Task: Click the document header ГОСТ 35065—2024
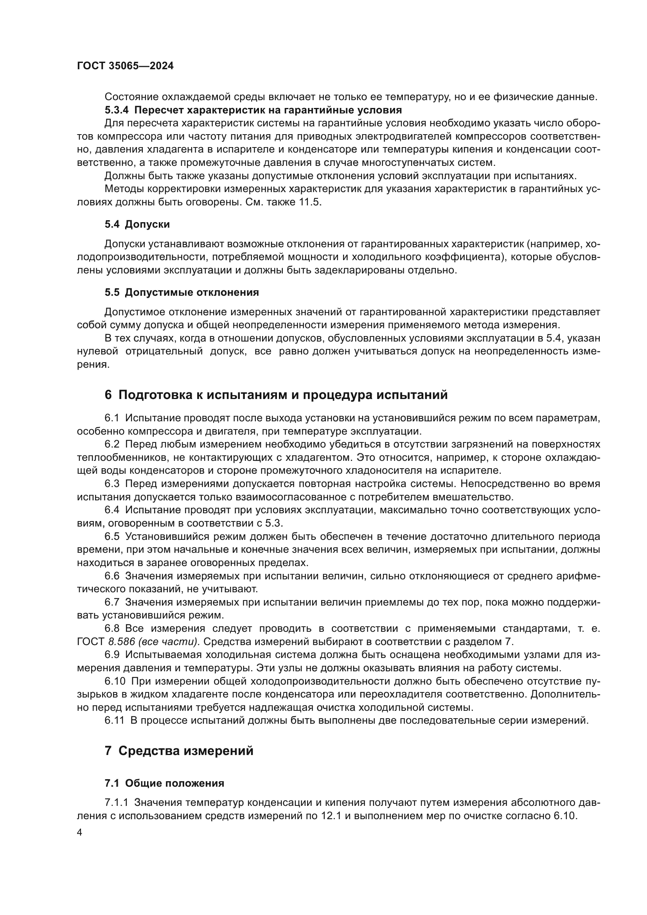[x=125, y=66]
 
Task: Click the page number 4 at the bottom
[x=80, y=833]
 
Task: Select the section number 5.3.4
[x=116, y=110]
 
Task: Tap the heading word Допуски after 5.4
[x=147, y=225]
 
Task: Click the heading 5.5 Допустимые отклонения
[x=182, y=293]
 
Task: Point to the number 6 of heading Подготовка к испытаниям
[x=108, y=395]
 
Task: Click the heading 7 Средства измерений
[x=179, y=751]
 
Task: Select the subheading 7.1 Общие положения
[x=164, y=783]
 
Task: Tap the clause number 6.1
[x=112, y=418]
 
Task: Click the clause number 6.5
[x=112, y=536]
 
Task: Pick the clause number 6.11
[x=114, y=721]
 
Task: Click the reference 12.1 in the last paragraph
[x=331, y=816]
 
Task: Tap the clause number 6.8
[x=112, y=629]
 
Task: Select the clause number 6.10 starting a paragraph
[x=114, y=681]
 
